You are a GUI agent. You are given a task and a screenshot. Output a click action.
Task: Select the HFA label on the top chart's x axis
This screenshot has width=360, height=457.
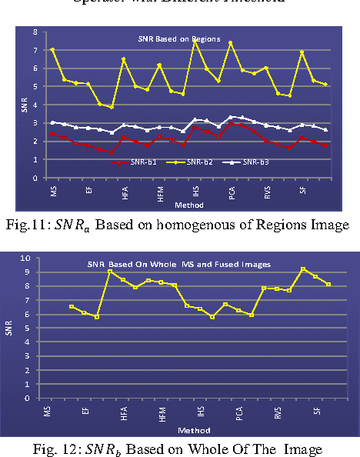tap(125, 196)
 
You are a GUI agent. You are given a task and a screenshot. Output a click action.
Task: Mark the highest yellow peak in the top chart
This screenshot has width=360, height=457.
tap(195, 41)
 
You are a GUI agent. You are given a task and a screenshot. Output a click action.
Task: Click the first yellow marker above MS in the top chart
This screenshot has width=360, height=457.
tap(52, 49)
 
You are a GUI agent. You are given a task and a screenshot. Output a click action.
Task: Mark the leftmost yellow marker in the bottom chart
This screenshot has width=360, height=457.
tap(71, 307)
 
